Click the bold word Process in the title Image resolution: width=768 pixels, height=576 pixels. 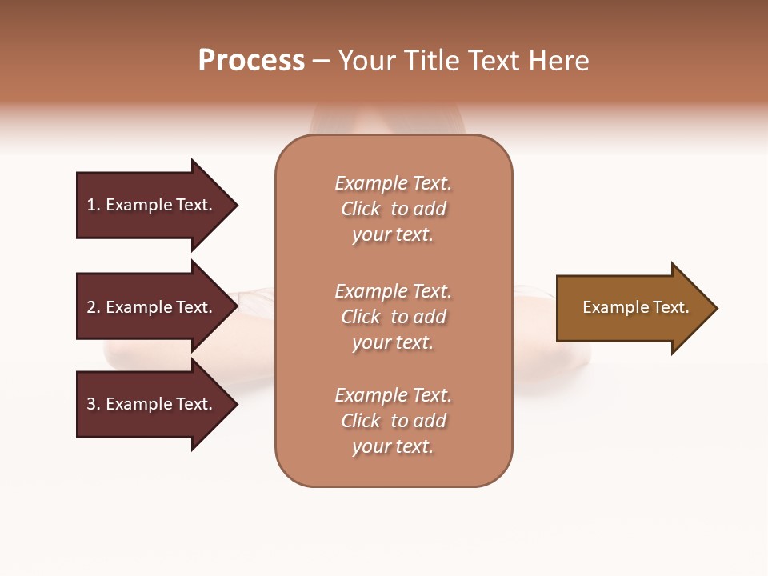251,61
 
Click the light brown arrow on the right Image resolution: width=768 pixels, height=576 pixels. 632,308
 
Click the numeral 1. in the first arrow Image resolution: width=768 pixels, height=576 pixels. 94,205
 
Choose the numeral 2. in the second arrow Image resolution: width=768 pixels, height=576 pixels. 94,307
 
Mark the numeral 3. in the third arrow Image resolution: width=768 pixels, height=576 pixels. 94,404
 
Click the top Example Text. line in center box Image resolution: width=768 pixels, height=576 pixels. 393,183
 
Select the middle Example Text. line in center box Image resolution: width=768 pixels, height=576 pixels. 393,291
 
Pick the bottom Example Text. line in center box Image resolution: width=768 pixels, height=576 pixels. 393,395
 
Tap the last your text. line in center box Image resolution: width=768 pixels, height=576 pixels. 393,446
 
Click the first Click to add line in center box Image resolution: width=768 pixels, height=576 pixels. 393,209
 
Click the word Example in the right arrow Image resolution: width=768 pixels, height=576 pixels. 609,307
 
